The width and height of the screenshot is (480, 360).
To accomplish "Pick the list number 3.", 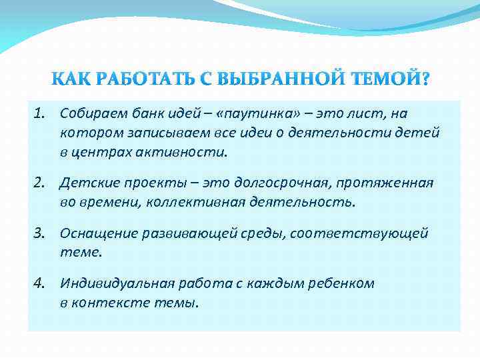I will (x=37, y=234).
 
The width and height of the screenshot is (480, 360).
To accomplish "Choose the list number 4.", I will (x=37, y=284).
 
